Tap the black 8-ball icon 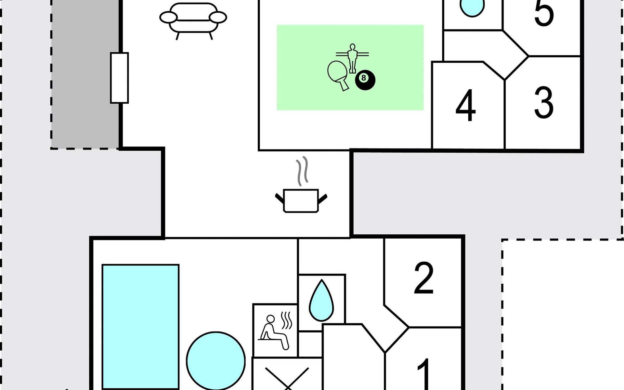point(365,80)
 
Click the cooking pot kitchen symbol point(301,200)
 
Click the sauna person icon point(275,331)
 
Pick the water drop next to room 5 point(472,8)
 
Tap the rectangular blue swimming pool point(140,327)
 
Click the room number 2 point(424,278)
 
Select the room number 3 point(544,102)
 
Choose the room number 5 point(544,13)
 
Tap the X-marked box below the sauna point(287,377)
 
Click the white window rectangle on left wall point(119,78)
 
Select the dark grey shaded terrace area point(84,75)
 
